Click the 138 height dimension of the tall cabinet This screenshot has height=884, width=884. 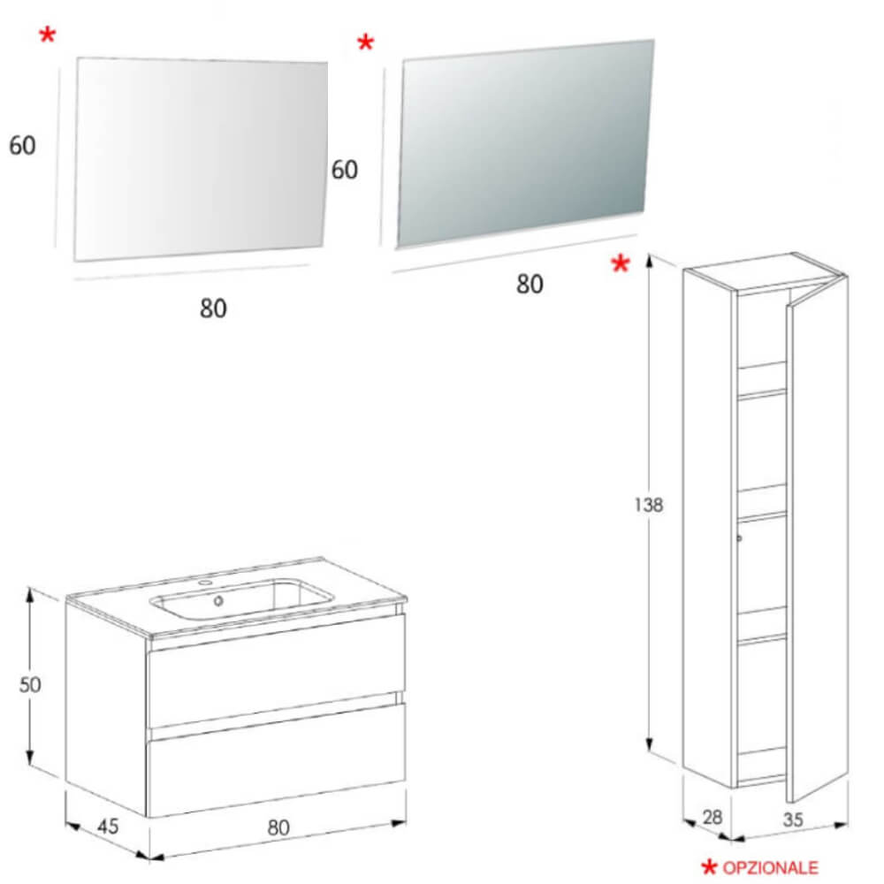point(649,505)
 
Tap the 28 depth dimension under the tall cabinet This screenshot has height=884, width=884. point(713,817)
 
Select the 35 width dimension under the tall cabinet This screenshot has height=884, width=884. point(793,819)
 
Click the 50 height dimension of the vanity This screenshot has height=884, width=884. point(30,684)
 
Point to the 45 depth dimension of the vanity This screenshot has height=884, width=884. point(108,827)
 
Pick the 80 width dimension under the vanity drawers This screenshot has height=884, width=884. point(278,827)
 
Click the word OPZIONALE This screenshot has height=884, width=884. point(770,867)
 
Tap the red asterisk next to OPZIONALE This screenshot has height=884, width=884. point(709,867)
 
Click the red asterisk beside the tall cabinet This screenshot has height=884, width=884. point(621,263)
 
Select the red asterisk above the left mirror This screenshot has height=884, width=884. point(48,35)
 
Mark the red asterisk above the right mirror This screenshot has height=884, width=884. point(365,42)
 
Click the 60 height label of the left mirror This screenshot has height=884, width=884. point(23,146)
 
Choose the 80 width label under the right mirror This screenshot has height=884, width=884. point(530,284)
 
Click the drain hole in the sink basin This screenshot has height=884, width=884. point(218,601)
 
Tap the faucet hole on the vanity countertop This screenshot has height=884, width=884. point(205,583)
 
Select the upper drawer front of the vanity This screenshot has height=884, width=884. point(276,672)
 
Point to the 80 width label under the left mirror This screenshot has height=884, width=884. point(213,309)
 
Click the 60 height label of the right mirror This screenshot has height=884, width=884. point(345,170)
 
